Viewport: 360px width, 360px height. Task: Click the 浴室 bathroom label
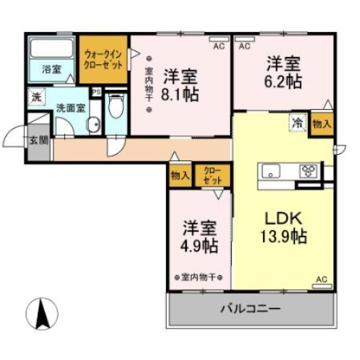point(51,70)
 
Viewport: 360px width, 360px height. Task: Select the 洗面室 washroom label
point(49,106)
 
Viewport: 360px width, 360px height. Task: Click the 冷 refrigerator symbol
point(297,123)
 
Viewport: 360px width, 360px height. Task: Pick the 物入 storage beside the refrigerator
point(322,123)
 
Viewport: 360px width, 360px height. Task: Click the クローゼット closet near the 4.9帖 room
point(212,176)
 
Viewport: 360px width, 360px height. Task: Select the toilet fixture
point(115,107)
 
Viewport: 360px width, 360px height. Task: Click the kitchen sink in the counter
point(270,171)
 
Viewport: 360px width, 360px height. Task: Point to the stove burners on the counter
point(309,170)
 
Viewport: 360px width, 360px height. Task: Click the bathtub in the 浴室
point(51,48)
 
